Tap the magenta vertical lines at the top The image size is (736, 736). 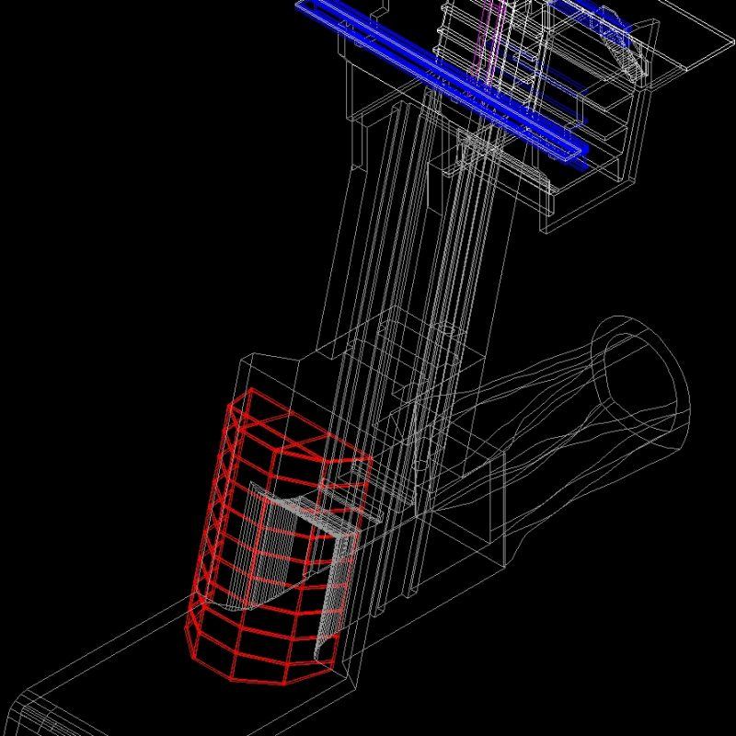[x=492, y=37]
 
